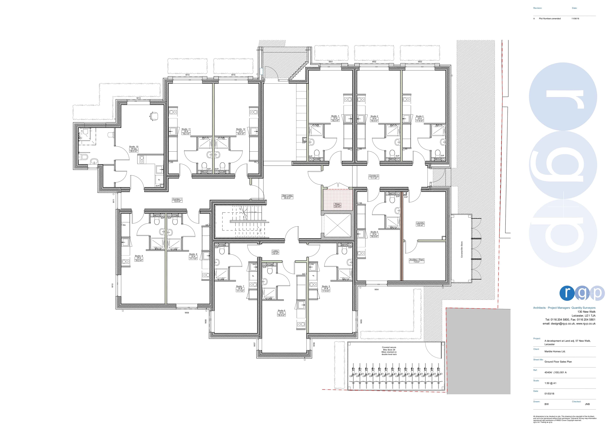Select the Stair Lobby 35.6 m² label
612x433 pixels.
pos(287,197)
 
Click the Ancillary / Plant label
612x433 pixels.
pos(417,261)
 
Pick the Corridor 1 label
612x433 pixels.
pos(177,200)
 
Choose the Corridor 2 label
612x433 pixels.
pos(374,177)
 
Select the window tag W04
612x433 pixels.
pos(376,289)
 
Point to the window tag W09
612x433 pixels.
pos(187,313)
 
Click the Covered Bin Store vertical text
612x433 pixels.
pos(462,250)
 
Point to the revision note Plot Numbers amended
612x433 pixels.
pos(550,19)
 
